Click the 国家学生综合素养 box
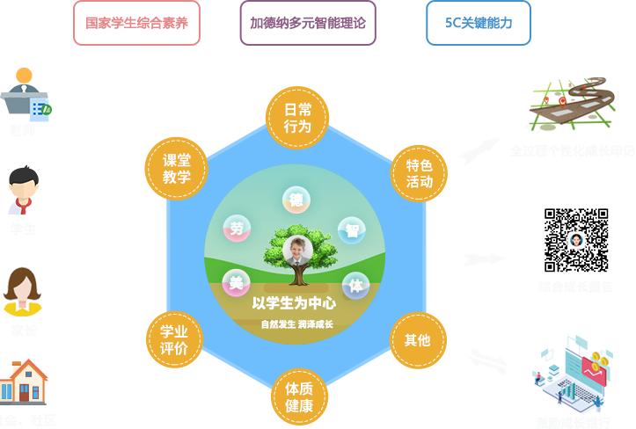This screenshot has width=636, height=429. pyautogui.click(x=136, y=23)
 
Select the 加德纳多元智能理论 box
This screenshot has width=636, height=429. pyautogui.click(x=308, y=23)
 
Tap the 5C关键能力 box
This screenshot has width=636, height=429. pyautogui.click(x=479, y=23)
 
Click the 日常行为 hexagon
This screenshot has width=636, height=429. pyautogui.click(x=297, y=118)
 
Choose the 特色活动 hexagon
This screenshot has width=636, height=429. pyautogui.click(x=419, y=173)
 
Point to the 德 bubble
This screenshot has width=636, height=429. pyautogui.click(x=296, y=200)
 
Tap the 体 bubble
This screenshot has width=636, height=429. pyautogui.click(x=355, y=286)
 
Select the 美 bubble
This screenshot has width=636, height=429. pyautogui.click(x=236, y=282)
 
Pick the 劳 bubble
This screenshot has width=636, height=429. pyautogui.click(x=237, y=229)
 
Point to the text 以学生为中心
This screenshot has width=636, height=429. pyautogui.click(x=294, y=303)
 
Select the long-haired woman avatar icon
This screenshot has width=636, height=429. pyautogui.click(x=23, y=291)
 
